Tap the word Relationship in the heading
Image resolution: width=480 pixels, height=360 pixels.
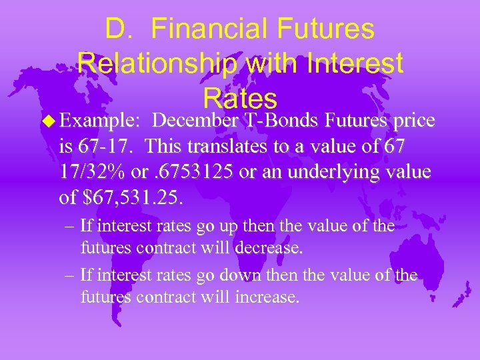click(x=157, y=64)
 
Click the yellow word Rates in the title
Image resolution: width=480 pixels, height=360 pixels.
click(x=239, y=99)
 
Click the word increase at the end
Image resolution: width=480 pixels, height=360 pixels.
click(x=266, y=297)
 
